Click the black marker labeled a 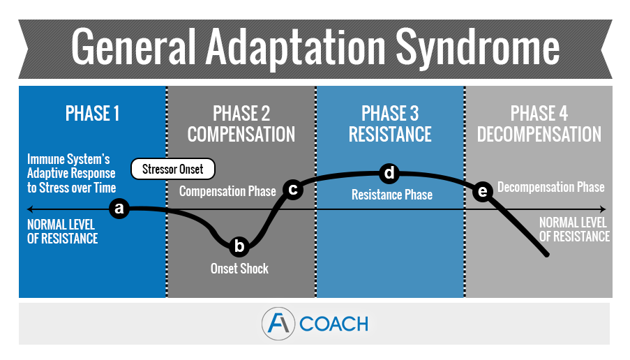pyautogui.click(x=120, y=208)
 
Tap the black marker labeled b pyautogui.click(x=239, y=246)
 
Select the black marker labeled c pyautogui.click(x=293, y=189)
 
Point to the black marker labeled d pyautogui.click(x=389, y=172)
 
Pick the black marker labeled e pyautogui.click(x=481, y=192)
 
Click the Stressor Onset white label pyautogui.click(x=173, y=168)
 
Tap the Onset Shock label pyautogui.click(x=239, y=269)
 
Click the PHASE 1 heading pyautogui.click(x=92, y=113)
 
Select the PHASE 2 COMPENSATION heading pyautogui.click(x=241, y=123)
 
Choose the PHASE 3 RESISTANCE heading pyautogui.click(x=390, y=123)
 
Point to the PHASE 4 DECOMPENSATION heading pyautogui.click(x=539, y=123)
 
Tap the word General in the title pyautogui.click(x=133, y=47)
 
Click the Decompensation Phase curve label pyautogui.click(x=550, y=188)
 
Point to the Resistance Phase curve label pyautogui.click(x=392, y=195)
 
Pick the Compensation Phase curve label pyautogui.click(x=227, y=191)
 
